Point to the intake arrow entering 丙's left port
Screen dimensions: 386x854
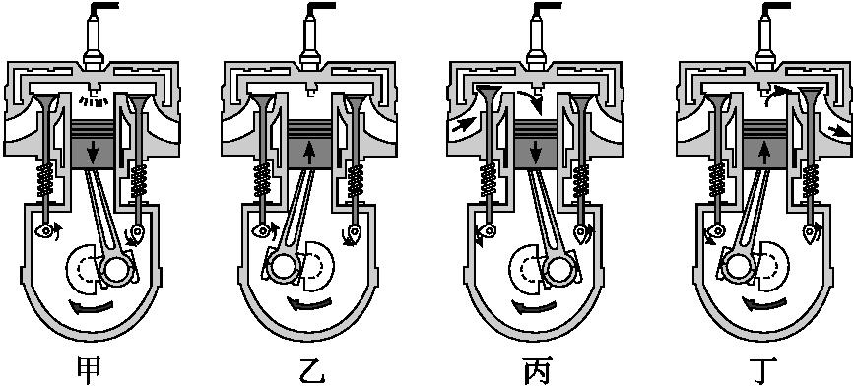pos(459,127)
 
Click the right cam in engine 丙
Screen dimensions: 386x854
pos(585,232)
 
